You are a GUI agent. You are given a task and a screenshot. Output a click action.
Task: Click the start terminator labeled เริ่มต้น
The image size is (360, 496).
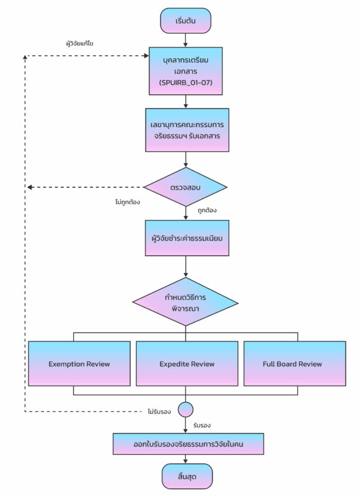185,21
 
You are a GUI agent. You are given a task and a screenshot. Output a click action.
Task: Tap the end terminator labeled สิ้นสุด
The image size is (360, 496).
187,476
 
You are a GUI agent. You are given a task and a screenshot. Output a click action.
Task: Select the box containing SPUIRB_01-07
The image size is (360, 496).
186,71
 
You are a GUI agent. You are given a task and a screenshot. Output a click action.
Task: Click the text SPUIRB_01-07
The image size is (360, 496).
186,82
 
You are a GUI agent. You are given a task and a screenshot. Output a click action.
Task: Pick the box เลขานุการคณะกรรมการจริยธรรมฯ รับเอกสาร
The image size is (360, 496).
187,130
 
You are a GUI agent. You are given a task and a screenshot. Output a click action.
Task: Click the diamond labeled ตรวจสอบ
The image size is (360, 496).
185,187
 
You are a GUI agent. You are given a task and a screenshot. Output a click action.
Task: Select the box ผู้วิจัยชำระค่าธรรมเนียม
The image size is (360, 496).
187,238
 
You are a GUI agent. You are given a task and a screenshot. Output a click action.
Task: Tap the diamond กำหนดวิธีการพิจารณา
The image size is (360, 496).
185,302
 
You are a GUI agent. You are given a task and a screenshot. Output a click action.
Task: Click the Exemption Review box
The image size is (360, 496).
79,364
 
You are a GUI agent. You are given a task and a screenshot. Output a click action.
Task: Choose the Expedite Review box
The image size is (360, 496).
187,364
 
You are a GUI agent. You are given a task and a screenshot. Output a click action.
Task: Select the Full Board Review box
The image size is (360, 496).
294,364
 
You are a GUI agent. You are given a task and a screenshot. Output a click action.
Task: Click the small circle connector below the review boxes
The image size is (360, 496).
185,410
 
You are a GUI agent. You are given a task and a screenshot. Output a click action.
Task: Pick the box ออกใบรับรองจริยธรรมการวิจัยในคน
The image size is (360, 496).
188,444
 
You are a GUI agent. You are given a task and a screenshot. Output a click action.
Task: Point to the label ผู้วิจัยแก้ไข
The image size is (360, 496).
80,43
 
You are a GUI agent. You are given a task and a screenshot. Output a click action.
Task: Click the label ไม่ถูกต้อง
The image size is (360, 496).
128,202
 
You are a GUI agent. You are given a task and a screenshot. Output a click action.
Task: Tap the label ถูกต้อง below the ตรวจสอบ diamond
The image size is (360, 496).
208,210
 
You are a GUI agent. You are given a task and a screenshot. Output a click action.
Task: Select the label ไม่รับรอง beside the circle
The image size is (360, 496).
159,412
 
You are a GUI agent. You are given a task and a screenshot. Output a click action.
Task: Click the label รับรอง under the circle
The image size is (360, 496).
202,425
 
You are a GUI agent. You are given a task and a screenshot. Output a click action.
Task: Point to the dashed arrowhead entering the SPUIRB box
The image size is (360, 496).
146,56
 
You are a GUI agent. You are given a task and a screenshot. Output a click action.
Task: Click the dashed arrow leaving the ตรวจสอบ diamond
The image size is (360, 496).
86,187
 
